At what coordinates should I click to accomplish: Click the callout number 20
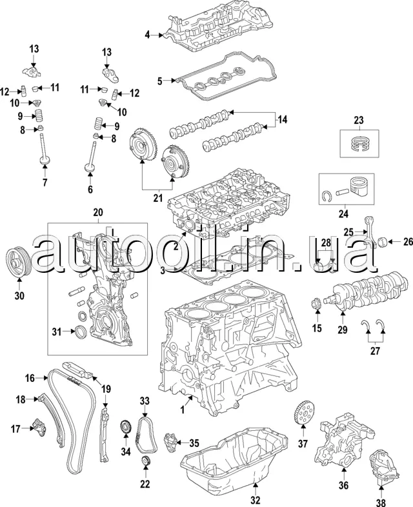pyautogui.click(x=98, y=212)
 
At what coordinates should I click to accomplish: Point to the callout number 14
pyautogui.click(x=281, y=119)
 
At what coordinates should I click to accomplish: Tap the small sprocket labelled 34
pyautogui.click(x=126, y=428)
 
